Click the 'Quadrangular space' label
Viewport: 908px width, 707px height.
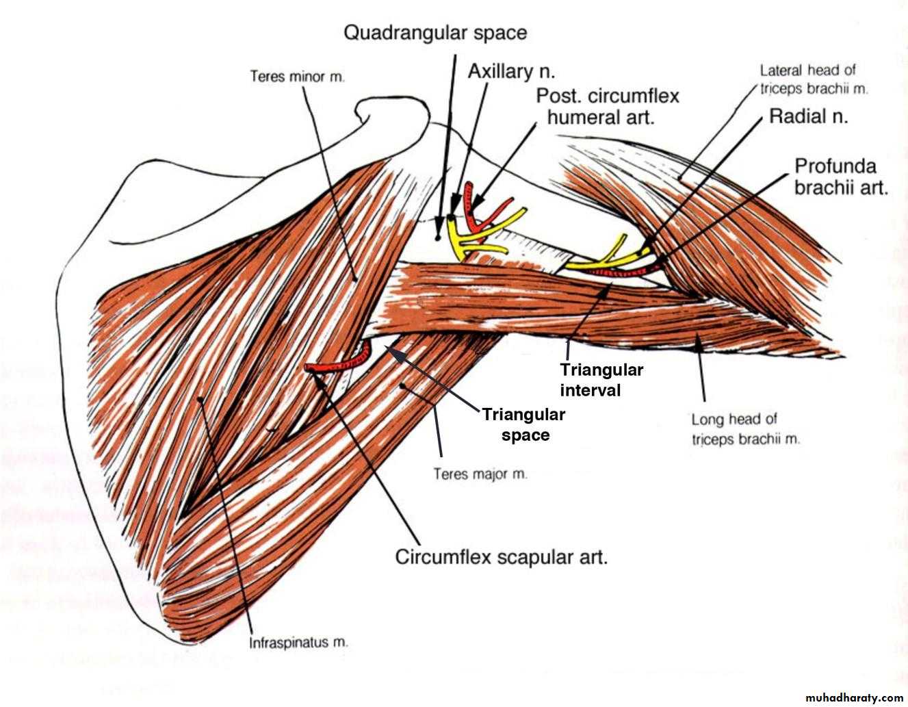click(x=435, y=32)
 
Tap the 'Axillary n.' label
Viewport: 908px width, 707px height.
click(x=510, y=71)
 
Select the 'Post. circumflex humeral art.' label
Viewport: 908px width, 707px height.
click(x=607, y=106)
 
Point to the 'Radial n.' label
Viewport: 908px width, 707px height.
click(x=808, y=116)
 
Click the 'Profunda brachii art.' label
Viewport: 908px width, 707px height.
click(x=840, y=177)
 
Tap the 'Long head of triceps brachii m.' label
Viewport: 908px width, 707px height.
click(x=744, y=429)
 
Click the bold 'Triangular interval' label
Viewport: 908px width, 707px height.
click(x=601, y=380)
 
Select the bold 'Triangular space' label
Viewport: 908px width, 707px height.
click(x=524, y=424)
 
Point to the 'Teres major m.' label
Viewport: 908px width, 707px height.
click(x=480, y=473)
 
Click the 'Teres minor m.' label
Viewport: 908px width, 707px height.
click(x=297, y=76)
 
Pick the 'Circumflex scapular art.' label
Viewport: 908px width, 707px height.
click(x=501, y=556)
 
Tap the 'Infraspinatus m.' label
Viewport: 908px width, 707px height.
click(x=298, y=643)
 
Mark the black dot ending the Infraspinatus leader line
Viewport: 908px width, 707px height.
click(x=200, y=398)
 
